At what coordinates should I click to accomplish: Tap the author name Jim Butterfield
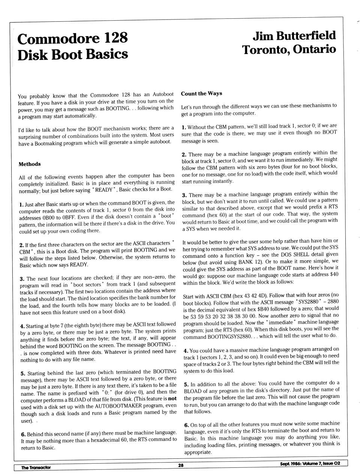[x=294, y=36]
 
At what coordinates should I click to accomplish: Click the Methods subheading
[x=30, y=164]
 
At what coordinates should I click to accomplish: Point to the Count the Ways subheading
[x=201, y=93]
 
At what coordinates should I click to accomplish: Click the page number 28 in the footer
[x=181, y=465]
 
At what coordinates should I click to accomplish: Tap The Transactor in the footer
[x=36, y=467]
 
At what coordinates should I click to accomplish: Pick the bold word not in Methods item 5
[x=172, y=399]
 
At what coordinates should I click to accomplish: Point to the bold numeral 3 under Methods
[x=22, y=279]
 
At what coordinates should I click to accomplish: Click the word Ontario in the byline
[x=315, y=49]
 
